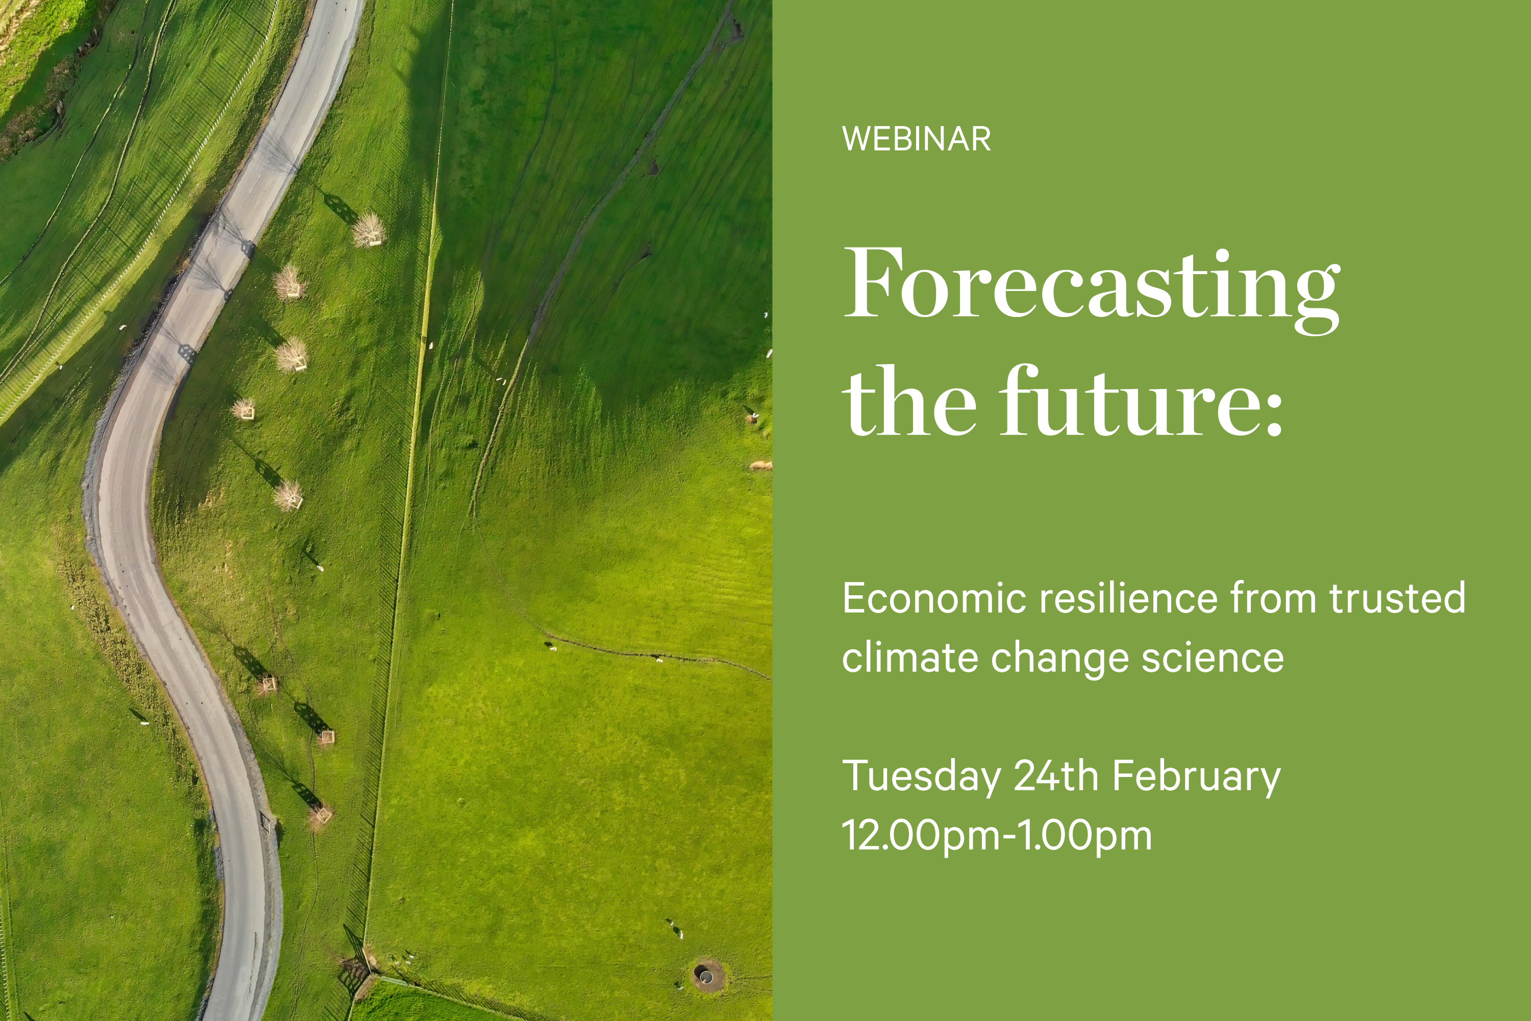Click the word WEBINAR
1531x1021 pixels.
(x=916, y=139)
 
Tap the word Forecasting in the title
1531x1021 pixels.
(x=1091, y=284)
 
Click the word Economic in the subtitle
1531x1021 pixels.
(x=932, y=598)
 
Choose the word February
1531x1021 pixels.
(x=1196, y=776)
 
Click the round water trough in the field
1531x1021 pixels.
(x=706, y=975)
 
